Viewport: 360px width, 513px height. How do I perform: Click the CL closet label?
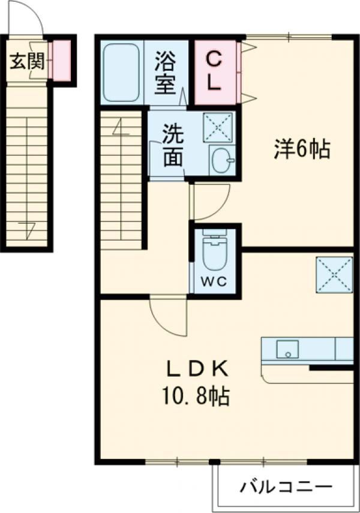(x=214, y=71)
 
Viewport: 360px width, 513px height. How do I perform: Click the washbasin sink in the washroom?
(x=222, y=160)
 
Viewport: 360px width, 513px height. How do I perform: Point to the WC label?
(x=214, y=283)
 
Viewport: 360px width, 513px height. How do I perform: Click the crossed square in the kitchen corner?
(x=334, y=273)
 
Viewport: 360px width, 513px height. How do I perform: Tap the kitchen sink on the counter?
(x=288, y=349)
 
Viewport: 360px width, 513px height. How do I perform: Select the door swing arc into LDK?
(x=168, y=315)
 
